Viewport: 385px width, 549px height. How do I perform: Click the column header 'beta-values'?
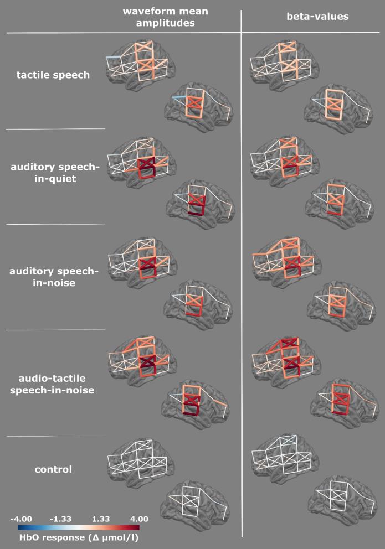coord(318,17)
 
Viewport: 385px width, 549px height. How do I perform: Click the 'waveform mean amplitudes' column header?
coord(165,17)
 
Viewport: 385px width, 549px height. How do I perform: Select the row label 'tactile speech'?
coord(53,75)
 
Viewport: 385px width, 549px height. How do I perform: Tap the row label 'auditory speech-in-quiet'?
coord(55,173)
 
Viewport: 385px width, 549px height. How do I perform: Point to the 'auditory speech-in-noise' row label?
coord(54,277)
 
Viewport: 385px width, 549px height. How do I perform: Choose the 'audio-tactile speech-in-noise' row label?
coord(52,384)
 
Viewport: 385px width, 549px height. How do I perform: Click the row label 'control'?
coord(53,469)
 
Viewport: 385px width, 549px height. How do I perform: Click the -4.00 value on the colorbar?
coord(21,519)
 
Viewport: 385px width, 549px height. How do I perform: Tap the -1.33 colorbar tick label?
coord(60,519)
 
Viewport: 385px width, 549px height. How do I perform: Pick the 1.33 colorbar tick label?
coord(101,519)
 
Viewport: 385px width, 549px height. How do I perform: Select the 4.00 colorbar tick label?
coord(139,519)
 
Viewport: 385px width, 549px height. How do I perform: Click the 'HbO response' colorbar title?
coord(79,537)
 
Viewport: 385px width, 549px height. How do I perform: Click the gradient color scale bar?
coord(79,527)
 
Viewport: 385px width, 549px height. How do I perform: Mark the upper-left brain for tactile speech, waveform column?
coord(140,64)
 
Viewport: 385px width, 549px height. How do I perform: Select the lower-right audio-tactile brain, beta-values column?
coord(345,403)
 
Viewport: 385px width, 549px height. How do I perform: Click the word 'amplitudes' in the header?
coord(165,23)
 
